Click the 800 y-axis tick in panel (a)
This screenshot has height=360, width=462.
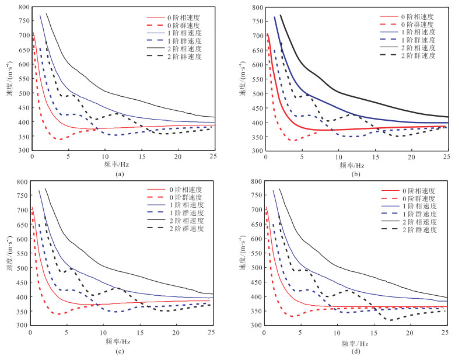(23, 8)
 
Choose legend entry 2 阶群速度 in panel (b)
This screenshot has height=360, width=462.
(416, 54)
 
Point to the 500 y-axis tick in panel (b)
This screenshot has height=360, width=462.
(257, 94)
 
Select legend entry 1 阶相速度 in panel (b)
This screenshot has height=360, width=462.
(416, 32)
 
